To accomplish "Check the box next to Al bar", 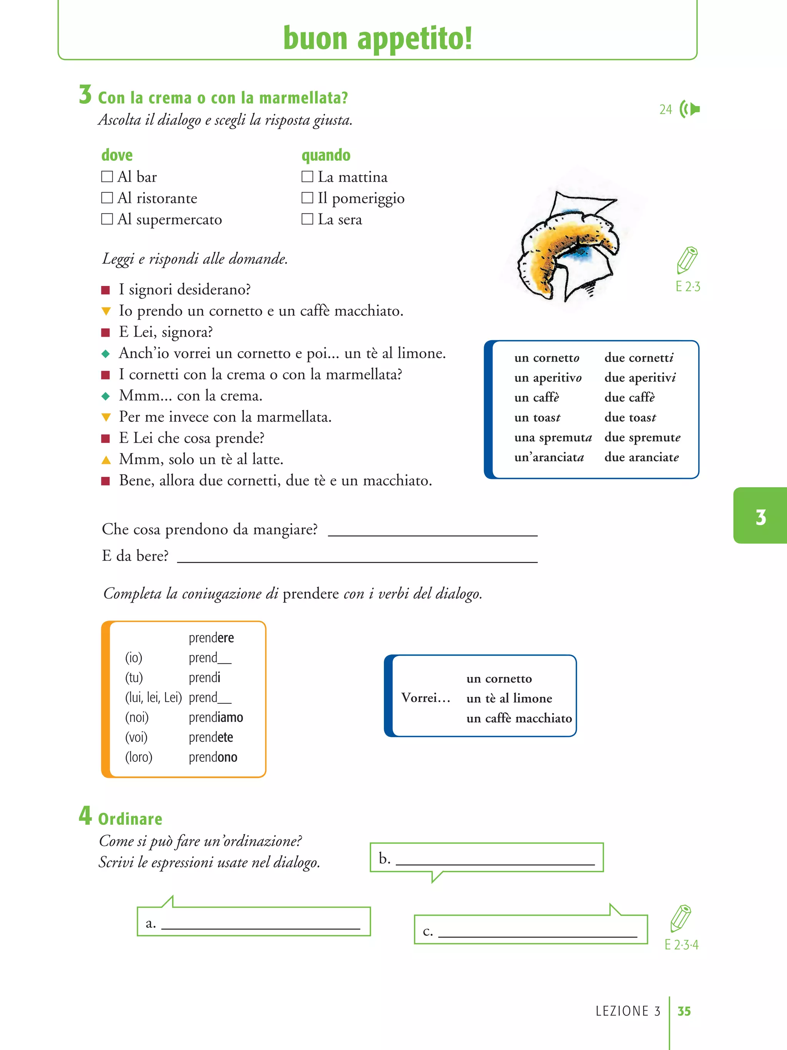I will click(107, 176).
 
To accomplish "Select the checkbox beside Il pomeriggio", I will click(307, 198).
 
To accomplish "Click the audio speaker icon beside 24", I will click(690, 109).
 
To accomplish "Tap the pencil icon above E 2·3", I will click(687, 260).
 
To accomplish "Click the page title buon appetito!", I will click(377, 38).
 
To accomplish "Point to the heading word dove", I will click(117, 155).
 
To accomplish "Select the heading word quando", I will click(326, 155).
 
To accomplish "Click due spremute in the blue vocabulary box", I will click(642, 437).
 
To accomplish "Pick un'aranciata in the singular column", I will click(549, 457).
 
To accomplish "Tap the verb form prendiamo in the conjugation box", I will click(216, 717).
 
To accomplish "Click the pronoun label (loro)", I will click(139, 757).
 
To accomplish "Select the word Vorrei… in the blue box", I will click(425, 698).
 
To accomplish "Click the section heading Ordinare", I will click(130, 819).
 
